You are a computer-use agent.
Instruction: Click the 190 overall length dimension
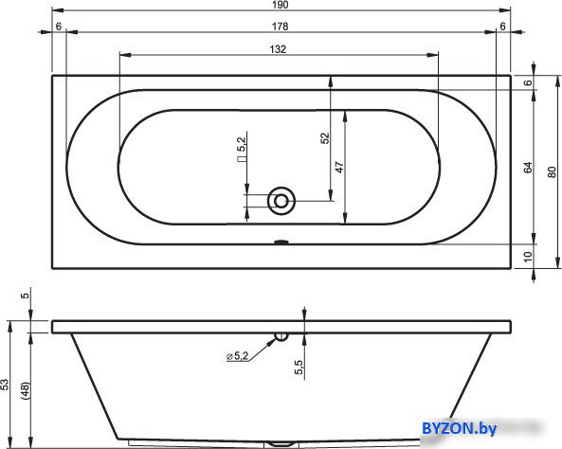[281, 5]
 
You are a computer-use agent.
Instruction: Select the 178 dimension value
[280, 27]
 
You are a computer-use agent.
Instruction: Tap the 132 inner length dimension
[278, 49]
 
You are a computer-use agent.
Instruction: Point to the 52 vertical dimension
[325, 138]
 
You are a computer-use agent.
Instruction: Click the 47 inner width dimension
[339, 167]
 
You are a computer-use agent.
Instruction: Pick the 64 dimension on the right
[528, 168]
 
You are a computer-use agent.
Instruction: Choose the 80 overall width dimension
[552, 171]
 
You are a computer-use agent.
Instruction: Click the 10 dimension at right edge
[528, 257]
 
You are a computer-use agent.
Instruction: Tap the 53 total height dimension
[5, 385]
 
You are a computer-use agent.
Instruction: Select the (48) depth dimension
[26, 390]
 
